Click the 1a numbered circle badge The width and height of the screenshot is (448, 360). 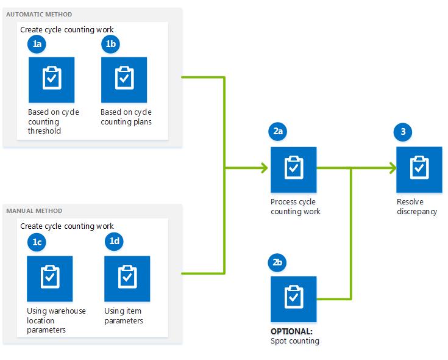[x=37, y=45]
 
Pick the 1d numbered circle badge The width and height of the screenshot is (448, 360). [x=114, y=242]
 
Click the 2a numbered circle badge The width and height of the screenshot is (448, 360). [x=278, y=131]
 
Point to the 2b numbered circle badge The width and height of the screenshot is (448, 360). [x=277, y=263]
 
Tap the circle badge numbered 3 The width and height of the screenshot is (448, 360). [x=403, y=131]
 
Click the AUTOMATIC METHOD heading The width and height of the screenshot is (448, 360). [x=39, y=14]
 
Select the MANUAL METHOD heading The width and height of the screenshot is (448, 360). [x=34, y=211]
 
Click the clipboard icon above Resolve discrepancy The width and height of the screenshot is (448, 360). [x=419, y=169]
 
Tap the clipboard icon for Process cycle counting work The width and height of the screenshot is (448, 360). [x=293, y=169]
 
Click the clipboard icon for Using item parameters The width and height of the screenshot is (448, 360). [x=127, y=278]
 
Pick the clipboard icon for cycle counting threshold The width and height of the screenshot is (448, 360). [x=51, y=80]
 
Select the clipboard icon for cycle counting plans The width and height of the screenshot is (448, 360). [x=124, y=80]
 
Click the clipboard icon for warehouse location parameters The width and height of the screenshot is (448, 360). [x=50, y=278]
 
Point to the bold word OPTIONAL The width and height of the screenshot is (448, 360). [x=291, y=331]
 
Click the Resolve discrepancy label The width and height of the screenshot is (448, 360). [x=417, y=207]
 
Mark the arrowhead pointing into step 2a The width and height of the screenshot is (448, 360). [x=264, y=168]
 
